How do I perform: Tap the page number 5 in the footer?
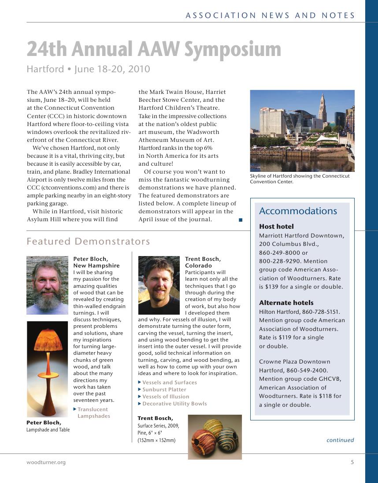click(352, 462)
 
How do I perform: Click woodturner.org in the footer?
click(46, 462)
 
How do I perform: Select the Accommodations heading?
click(298, 211)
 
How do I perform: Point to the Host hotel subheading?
click(276, 227)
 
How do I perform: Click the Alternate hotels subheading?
click(286, 303)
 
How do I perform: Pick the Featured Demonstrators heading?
click(88, 241)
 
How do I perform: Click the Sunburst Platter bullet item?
click(164, 390)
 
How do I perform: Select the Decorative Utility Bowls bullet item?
click(174, 404)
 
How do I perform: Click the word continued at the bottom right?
click(340, 440)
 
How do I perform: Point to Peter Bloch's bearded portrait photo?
click(47, 285)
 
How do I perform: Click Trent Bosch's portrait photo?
click(159, 285)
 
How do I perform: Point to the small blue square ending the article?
click(241, 219)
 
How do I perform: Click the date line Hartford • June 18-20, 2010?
click(88, 69)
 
